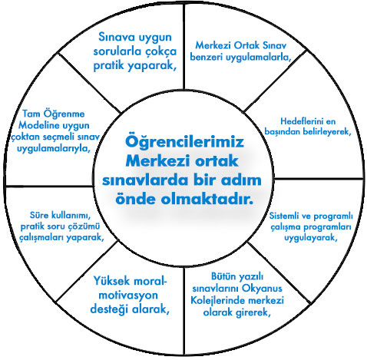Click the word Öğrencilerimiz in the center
[184, 142]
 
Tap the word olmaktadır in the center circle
[207, 199]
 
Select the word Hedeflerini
[298, 121]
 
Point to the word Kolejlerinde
[217, 300]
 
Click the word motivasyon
[128, 296]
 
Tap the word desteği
[109, 309]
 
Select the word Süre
[39, 215]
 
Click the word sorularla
[118, 51]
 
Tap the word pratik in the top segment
[108, 65]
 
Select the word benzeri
[207, 57]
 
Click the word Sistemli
[284, 216]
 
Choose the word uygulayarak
[311, 238]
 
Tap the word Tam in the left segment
[31, 114]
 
